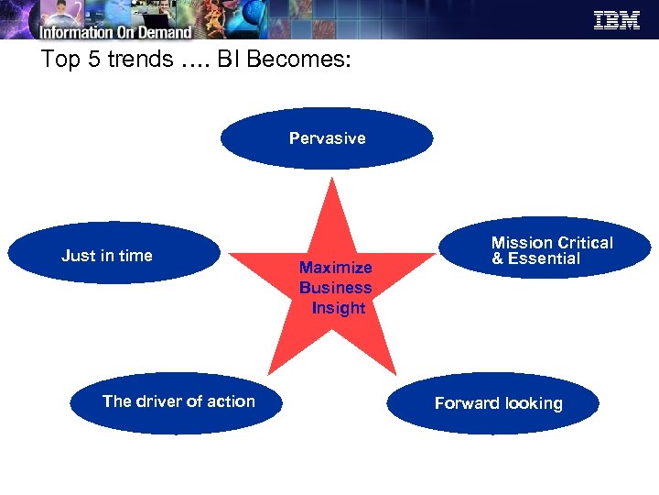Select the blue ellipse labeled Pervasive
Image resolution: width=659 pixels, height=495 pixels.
point(327,138)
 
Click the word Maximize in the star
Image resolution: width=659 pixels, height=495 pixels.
point(335,268)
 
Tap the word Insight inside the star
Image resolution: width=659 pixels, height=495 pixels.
point(338,308)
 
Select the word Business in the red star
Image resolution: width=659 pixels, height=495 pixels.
point(335,288)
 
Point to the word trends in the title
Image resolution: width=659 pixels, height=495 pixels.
point(136,60)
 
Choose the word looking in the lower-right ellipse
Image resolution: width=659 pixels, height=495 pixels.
point(532,403)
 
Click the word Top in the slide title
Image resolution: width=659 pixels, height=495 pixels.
point(59,60)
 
